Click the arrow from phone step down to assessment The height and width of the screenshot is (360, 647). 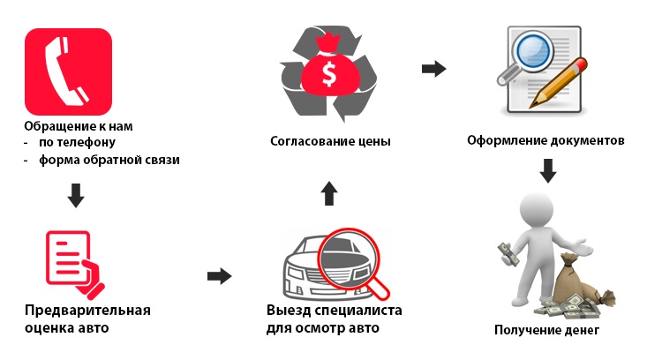(76, 195)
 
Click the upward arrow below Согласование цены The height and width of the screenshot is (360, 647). (329, 192)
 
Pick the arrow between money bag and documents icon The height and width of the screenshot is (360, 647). (433, 68)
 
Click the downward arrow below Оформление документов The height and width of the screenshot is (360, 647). (548, 169)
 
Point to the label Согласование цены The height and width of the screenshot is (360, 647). (330, 141)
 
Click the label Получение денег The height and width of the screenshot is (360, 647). (546, 331)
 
